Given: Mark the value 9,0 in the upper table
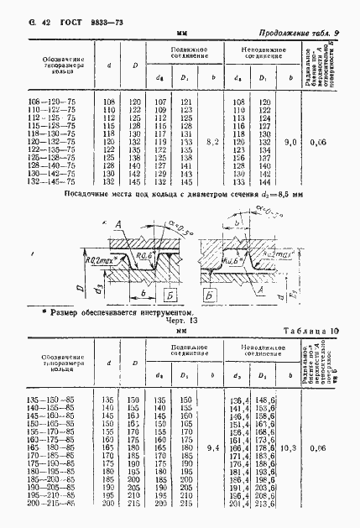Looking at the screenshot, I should point(291,142).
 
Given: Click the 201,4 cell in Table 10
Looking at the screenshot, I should point(238,502).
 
